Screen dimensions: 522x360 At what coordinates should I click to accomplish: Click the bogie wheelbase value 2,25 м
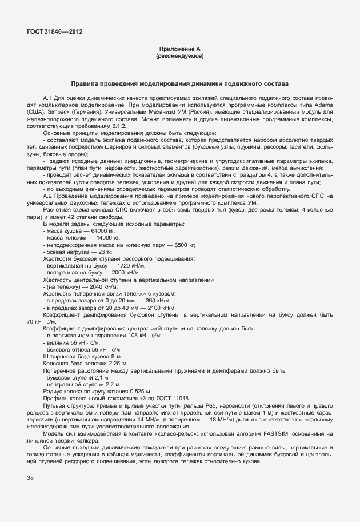(117, 363)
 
